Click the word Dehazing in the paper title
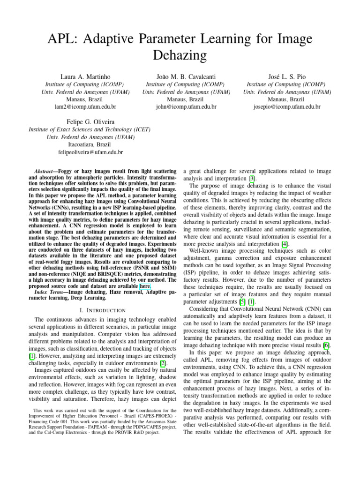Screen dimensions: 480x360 coord(180,56)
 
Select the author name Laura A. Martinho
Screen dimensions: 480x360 coord(79,76)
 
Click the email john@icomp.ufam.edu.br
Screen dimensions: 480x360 coord(186,107)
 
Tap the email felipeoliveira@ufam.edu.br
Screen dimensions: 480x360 coord(90,152)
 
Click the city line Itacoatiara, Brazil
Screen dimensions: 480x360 coord(90,145)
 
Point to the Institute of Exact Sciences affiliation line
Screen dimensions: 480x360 coord(90,129)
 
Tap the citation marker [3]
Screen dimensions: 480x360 coord(252,179)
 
